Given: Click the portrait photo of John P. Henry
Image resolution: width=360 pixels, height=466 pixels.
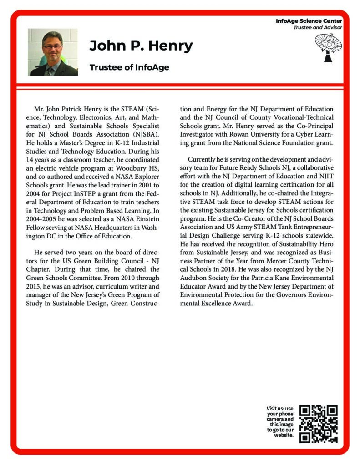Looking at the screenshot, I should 53,52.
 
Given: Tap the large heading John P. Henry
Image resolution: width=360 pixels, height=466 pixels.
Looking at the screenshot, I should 141,46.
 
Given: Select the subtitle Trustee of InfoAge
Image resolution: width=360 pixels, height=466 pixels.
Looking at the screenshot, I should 129,67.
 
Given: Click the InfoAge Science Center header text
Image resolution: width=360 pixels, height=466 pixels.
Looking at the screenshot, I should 309,21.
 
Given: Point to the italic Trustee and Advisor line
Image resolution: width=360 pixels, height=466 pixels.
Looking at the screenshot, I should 317,27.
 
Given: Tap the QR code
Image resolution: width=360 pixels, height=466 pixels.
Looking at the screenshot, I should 319,424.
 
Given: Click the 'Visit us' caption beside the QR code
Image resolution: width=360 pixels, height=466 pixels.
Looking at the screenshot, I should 280,421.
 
